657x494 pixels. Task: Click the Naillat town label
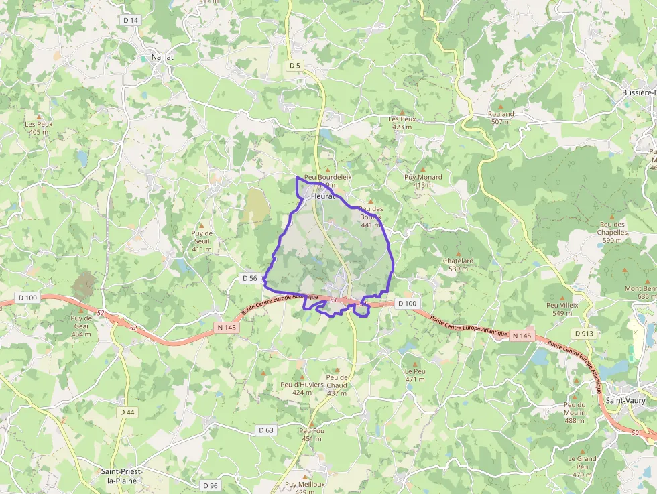162,57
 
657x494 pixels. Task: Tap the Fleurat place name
322,196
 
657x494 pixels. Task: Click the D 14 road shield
131,21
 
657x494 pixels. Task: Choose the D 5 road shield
294,65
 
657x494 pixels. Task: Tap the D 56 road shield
250,277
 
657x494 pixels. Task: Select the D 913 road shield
584,333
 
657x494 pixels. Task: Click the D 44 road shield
127,412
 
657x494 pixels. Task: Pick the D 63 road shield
266,430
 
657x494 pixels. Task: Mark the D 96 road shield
210,485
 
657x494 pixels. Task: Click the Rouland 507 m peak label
501,117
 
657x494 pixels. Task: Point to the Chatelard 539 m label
459,265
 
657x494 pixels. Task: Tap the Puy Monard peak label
423,181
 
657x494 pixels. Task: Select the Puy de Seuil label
202,241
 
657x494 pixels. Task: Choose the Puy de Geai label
81,326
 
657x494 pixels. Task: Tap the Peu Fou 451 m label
312,434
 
